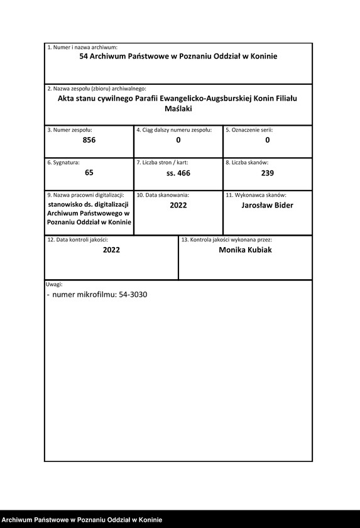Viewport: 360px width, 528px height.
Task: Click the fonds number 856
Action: point(89,140)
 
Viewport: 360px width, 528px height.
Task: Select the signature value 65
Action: point(89,172)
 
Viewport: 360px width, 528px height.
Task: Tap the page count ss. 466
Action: point(178,173)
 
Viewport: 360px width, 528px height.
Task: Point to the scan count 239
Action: point(267,173)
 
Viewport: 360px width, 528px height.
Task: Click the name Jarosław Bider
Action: point(267,205)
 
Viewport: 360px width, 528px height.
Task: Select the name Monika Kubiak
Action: point(245,250)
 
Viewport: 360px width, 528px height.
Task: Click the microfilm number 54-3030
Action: point(133,294)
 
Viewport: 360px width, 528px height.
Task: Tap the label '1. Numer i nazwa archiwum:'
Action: point(82,48)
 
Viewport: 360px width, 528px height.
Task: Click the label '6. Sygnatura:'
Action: point(63,163)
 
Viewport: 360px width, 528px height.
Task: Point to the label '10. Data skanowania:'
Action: point(163,195)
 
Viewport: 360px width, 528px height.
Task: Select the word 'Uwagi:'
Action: point(55,284)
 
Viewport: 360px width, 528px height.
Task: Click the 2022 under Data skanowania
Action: point(178,206)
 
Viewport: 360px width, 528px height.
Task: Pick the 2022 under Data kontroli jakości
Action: point(111,250)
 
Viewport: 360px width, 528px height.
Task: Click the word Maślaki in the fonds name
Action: point(178,109)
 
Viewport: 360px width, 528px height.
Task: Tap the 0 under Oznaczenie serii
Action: point(267,140)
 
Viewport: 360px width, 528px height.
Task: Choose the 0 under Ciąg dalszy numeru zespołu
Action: point(178,140)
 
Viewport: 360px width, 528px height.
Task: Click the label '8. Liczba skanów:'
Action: point(247,163)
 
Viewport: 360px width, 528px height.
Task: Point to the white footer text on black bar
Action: point(82,520)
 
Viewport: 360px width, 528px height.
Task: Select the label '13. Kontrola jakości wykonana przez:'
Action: point(226,239)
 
